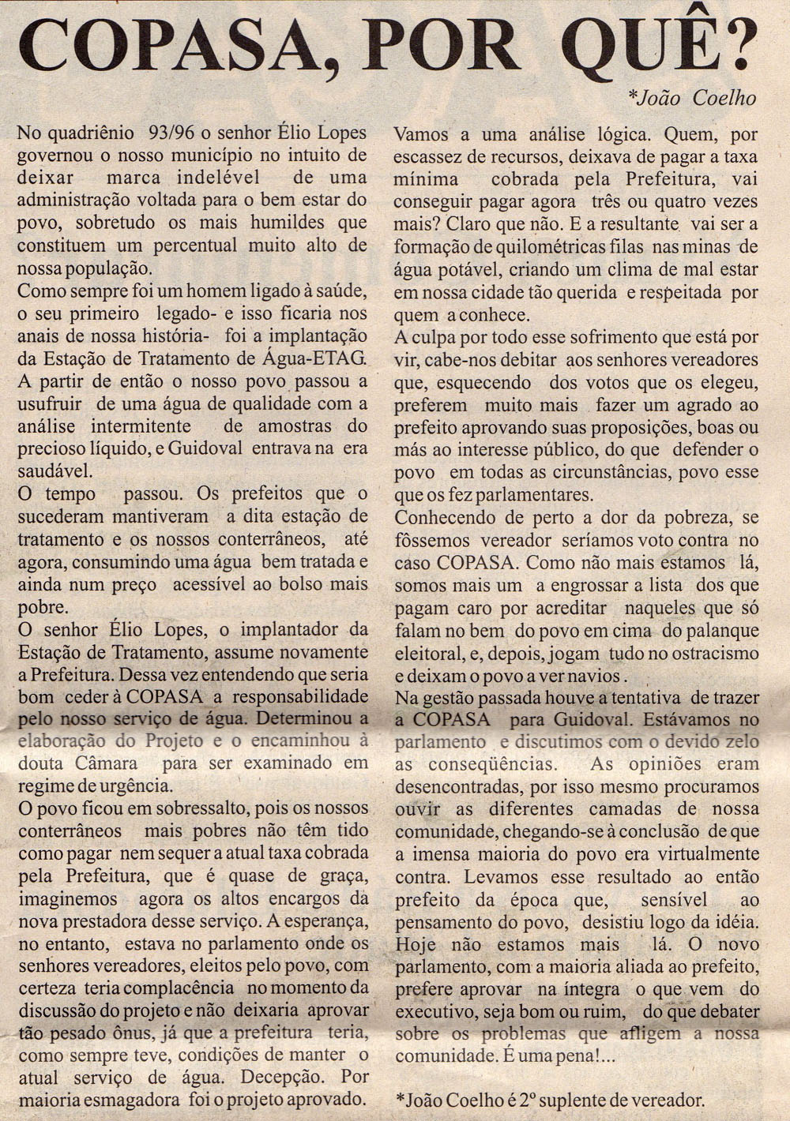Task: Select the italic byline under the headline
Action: click(691, 97)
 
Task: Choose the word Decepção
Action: click(284, 1077)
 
